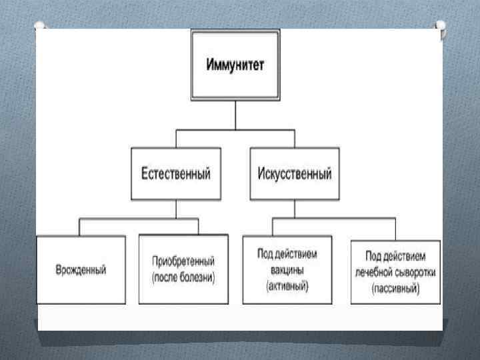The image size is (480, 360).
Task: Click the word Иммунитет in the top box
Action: [235, 66]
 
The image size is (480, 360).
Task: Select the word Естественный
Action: [176, 174]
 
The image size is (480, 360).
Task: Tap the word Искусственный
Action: [294, 174]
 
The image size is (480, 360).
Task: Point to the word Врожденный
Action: [81, 270]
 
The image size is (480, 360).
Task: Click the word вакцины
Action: [287, 270]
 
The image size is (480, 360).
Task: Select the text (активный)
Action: [287, 285]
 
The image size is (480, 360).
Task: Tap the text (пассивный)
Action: [395, 289]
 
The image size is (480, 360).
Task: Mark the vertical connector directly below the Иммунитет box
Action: [235, 114]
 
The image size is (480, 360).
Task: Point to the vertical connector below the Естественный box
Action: [176, 209]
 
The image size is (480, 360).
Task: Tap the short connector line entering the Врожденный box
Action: [80, 227]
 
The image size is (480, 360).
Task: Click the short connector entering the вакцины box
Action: [273, 227]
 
